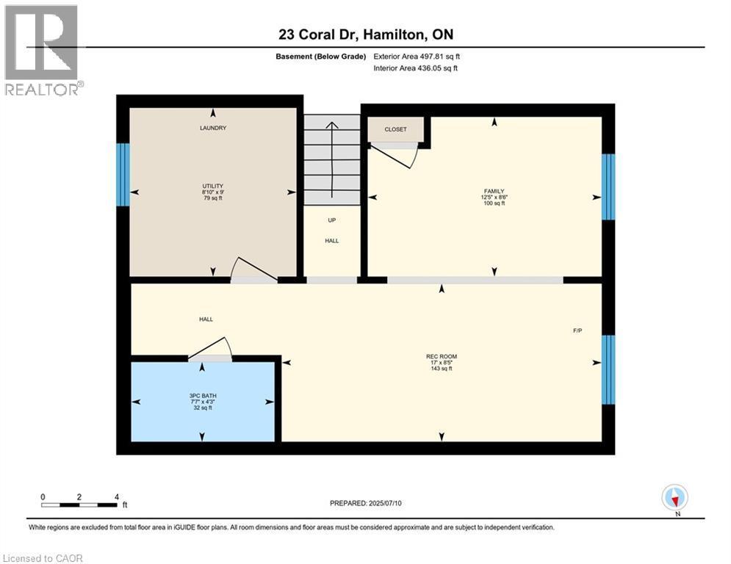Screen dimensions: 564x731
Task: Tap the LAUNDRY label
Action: click(213, 128)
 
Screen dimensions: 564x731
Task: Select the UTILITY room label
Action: click(213, 186)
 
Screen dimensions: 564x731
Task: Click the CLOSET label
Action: click(395, 129)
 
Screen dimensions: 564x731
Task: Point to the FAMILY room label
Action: click(494, 191)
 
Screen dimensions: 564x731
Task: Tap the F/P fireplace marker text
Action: click(577, 330)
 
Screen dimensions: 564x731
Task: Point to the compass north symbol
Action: click(674, 497)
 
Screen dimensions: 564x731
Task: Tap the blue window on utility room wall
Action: click(123, 174)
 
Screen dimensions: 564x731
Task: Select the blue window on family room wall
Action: click(608, 187)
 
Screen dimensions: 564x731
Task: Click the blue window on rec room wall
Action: click(608, 369)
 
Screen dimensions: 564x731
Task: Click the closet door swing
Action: click(397, 155)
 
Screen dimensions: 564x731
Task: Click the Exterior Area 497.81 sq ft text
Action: click(417, 57)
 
